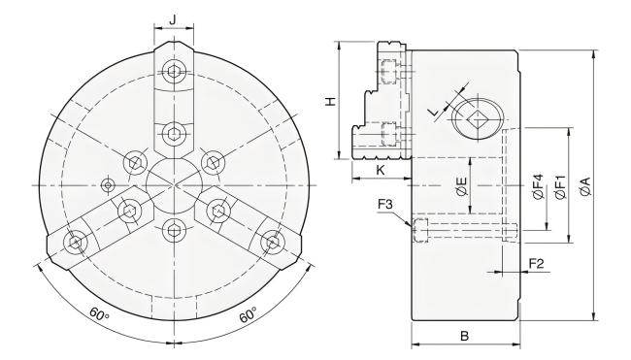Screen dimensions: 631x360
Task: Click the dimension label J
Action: [173, 18]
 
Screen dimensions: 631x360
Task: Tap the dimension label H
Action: [330, 101]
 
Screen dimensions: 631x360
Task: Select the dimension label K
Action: [381, 170]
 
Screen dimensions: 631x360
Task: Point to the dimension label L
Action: [434, 113]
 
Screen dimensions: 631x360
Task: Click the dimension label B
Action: [464, 336]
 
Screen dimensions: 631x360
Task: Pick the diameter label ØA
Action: [586, 186]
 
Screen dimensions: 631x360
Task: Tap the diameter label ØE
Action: [462, 186]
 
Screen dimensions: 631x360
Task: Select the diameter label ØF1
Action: [560, 186]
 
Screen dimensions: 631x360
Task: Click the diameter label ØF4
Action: [538, 186]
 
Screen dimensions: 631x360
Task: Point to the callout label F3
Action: [385, 204]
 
